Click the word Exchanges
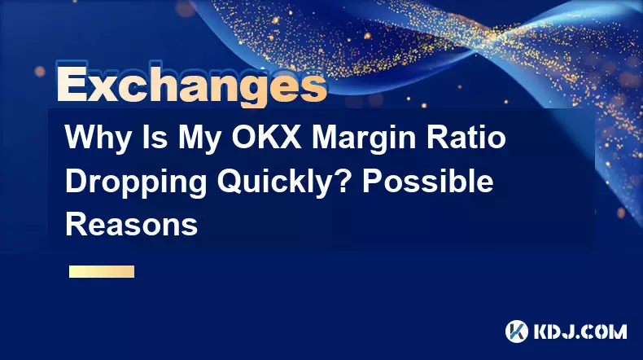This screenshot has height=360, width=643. pos(192,84)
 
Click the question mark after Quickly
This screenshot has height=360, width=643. pos(342,181)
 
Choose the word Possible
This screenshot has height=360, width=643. pos(427,181)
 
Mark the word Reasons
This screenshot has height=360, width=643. pos(131,224)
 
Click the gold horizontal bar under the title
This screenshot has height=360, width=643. pos(102,271)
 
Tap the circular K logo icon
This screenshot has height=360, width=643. pos(516,331)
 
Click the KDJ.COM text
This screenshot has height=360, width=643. pos(580,331)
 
